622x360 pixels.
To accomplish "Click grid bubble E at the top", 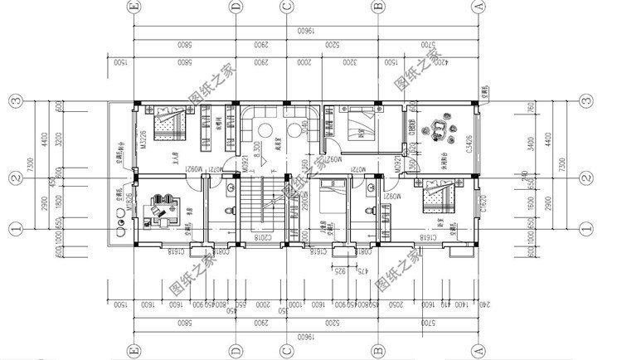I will tap(133, 7).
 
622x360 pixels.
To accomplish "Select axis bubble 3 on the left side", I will tap(15, 102).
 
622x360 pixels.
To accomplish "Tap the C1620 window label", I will tap(484, 203).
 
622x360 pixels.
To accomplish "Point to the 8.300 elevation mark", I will tap(258, 148).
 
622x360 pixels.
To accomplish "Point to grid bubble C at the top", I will tap(285, 7).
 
